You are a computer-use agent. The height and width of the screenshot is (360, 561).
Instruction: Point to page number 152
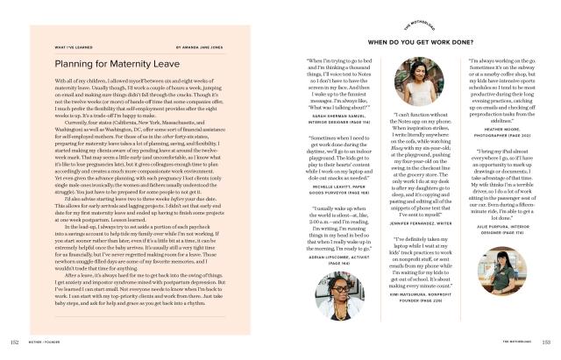click(x=13, y=342)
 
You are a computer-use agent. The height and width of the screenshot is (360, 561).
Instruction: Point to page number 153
click(x=547, y=342)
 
